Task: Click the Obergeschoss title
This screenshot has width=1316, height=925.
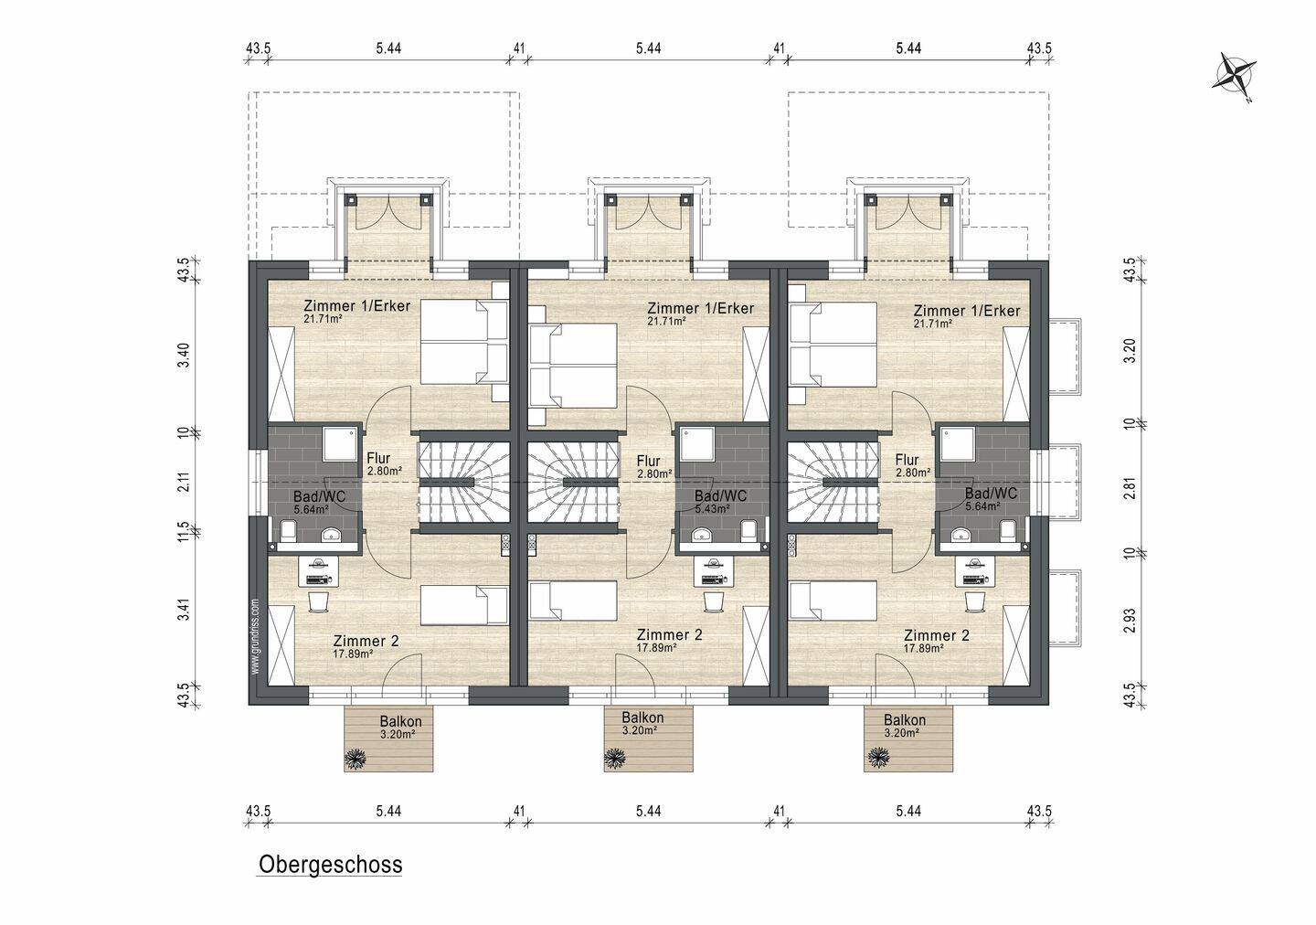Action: click(330, 865)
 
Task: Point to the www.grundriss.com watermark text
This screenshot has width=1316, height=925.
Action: click(255, 636)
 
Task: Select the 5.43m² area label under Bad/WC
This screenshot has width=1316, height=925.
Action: click(712, 509)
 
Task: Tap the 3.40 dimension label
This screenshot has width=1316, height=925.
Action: click(185, 356)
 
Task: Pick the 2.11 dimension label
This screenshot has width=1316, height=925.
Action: click(185, 483)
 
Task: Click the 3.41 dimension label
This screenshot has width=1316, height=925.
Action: click(185, 610)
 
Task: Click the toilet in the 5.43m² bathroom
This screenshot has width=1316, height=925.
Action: click(748, 531)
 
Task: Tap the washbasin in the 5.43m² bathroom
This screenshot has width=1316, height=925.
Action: click(702, 535)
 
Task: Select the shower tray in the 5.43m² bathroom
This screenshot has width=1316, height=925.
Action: click(697, 443)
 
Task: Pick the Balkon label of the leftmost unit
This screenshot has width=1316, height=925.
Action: click(400, 721)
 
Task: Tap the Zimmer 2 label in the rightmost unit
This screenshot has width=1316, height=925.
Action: click(937, 635)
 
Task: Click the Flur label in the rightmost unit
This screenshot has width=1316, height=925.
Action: click(907, 460)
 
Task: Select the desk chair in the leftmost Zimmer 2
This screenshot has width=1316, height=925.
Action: click(318, 602)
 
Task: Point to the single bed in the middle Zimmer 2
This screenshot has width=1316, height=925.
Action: click(573, 600)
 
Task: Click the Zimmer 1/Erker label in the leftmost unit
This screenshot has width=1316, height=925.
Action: click(356, 305)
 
